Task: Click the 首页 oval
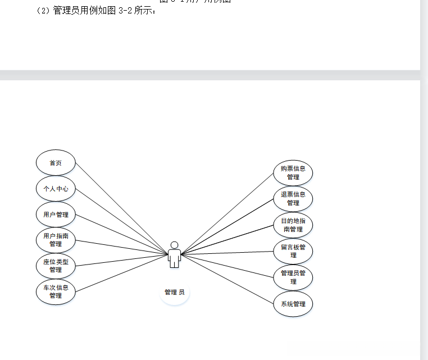click(56, 163)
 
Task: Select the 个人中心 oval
click(56, 189)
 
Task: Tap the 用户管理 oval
click(56, 215)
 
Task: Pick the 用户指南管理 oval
click(56, 240)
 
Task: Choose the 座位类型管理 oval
click(56, 266)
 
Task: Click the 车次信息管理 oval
click(56, 291)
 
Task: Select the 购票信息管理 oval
click(293, 172)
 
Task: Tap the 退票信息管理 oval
click(293, 199)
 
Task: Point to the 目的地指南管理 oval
click(293, 225)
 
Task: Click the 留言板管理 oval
click(293, 251)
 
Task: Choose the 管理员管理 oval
click(293, 277)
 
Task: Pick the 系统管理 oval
click(293, 304)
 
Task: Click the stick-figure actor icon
click(175, 257)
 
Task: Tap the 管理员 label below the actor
click(174, 292)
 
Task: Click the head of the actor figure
click(175, 245)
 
